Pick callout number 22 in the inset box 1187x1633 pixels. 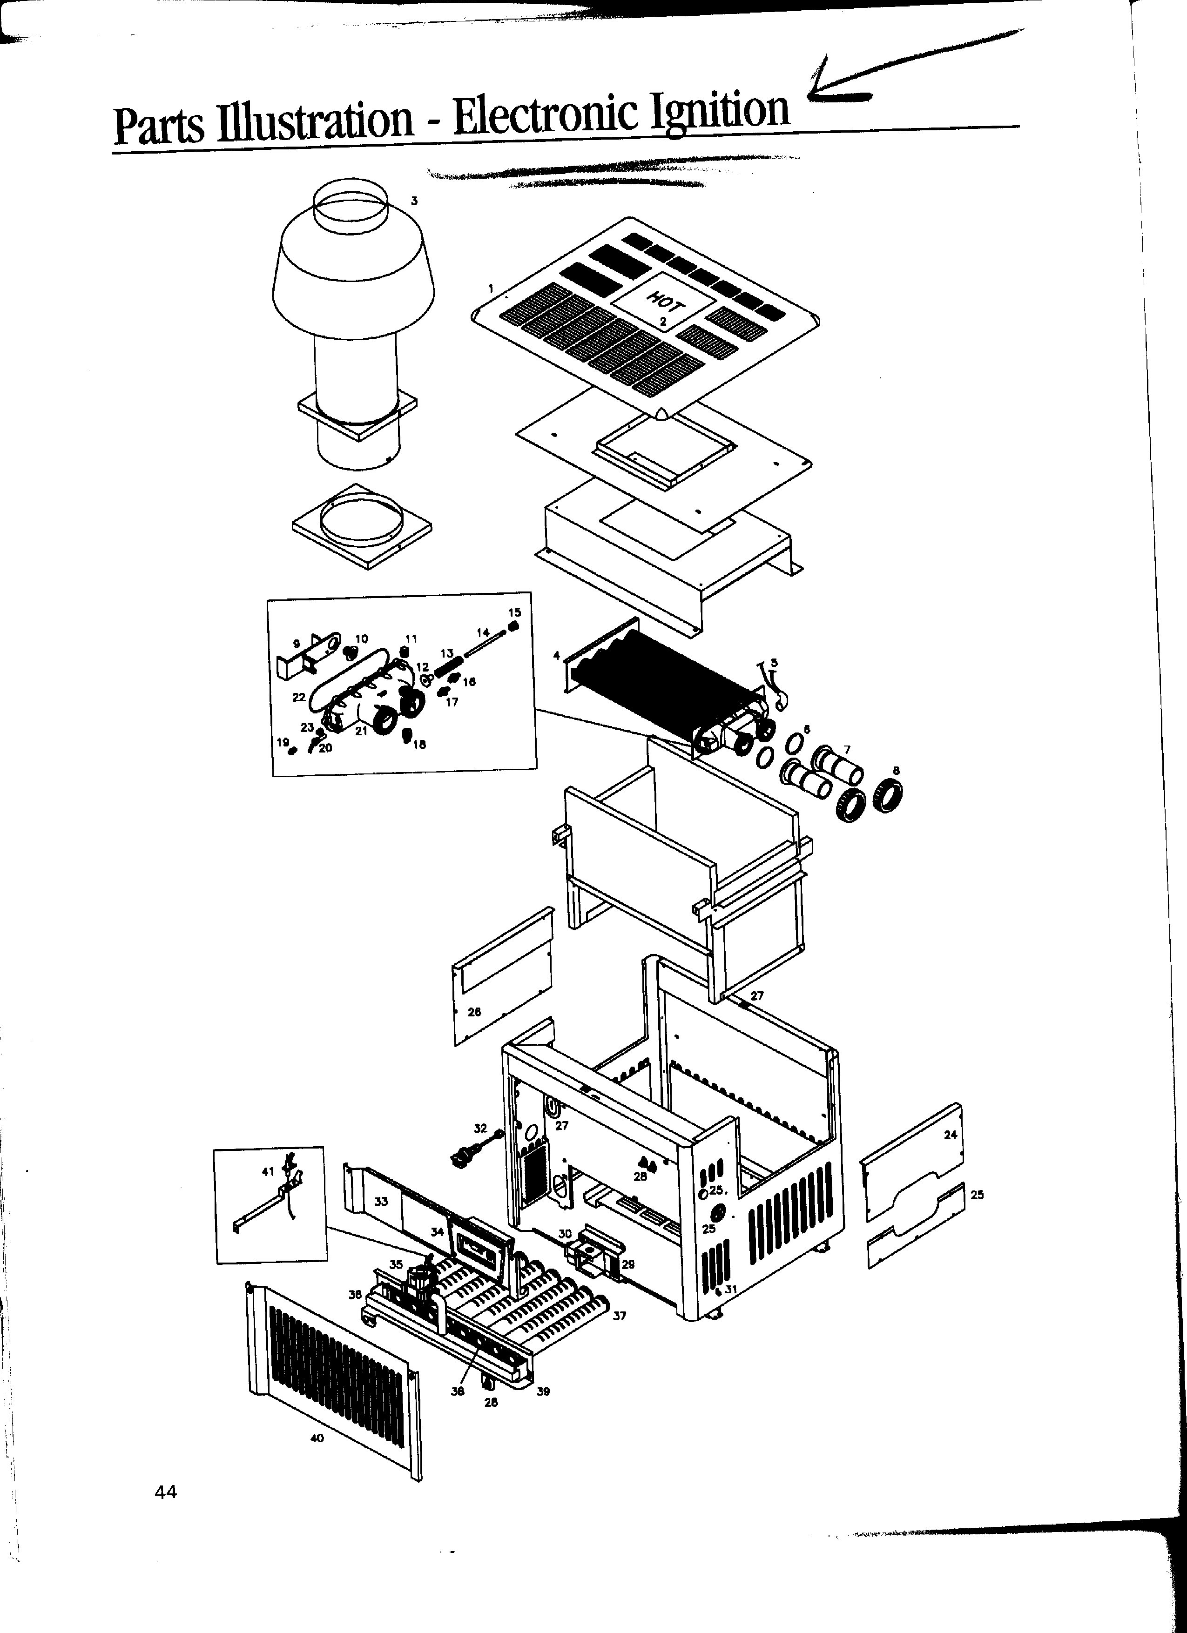click(299, 697)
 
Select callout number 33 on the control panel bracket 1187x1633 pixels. click(381, 1201)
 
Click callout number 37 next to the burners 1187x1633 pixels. click(620, 1316)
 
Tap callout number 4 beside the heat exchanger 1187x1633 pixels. click(556, 656)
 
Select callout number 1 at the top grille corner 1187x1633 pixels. click(491, 289)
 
